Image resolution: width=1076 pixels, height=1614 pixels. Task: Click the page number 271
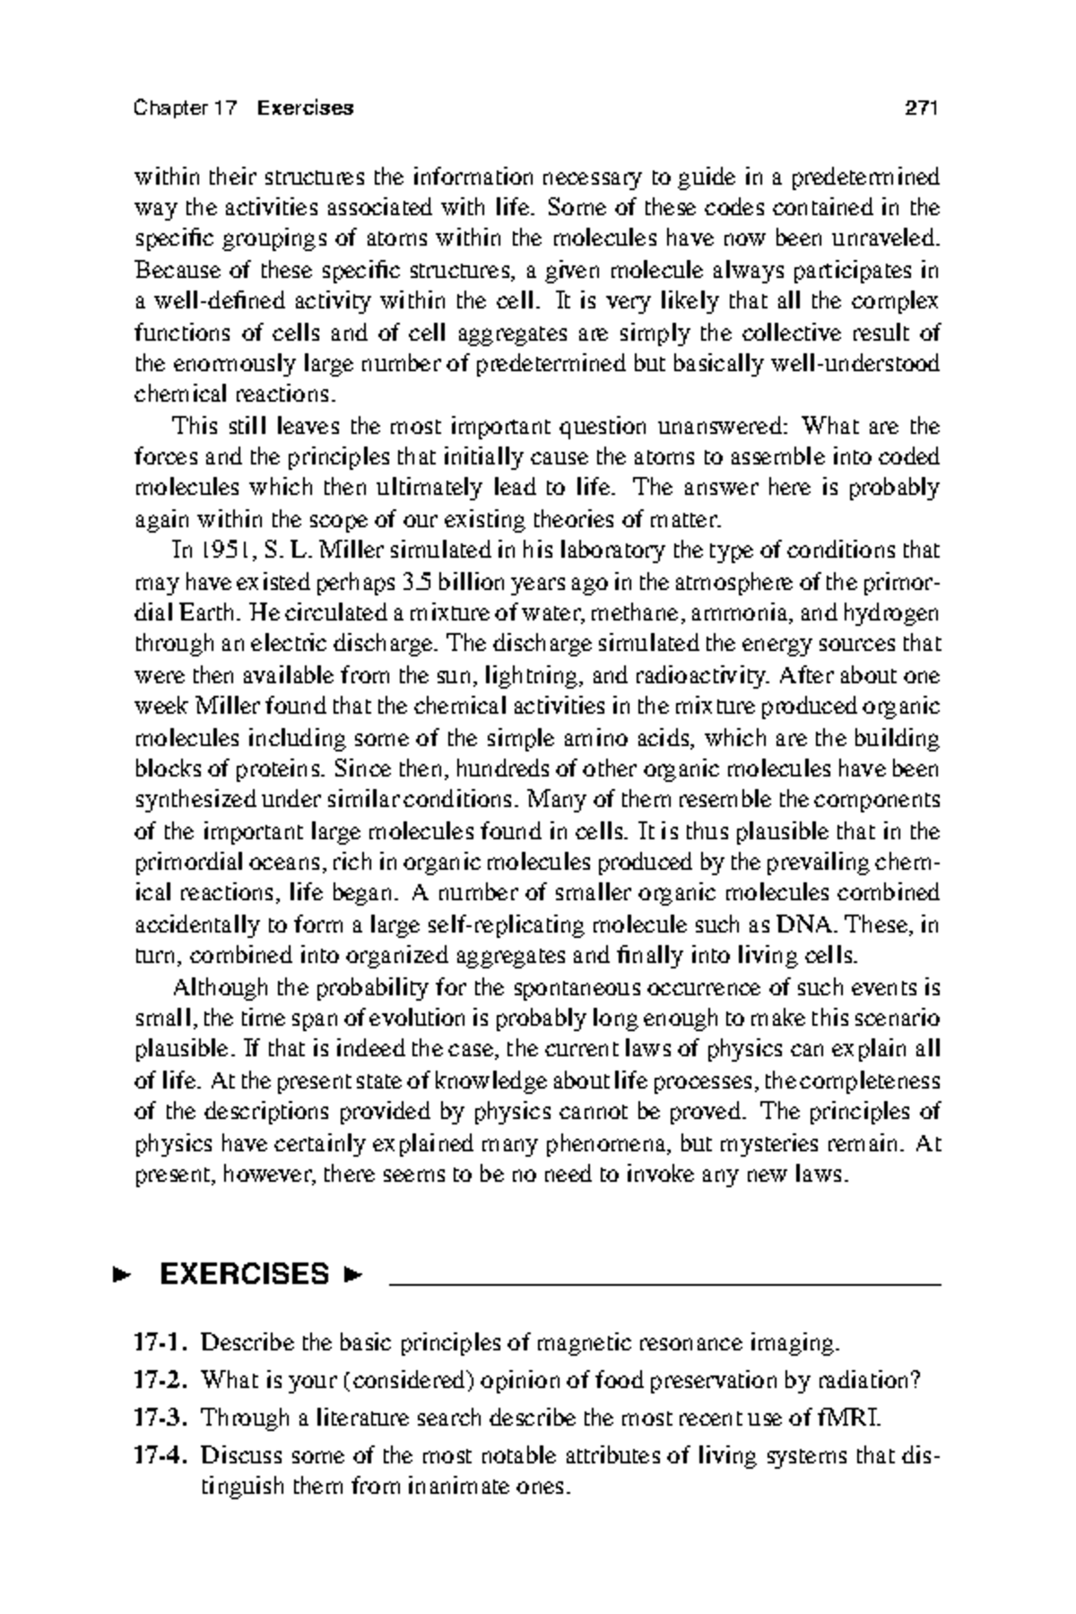click(921, 109)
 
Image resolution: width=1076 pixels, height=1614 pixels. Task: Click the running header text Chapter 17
click(187, 109)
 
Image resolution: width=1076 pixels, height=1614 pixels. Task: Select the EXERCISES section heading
click(244, 1274)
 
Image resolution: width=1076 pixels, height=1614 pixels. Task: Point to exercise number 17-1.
click(161, 1343)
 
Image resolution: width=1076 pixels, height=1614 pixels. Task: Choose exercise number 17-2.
click(161, 1380)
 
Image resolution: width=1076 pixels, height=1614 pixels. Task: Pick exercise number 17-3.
click(161, 1418)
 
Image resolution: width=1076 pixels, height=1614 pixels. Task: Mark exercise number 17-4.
click(161, 1455)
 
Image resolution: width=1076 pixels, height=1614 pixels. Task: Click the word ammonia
click(725, 612)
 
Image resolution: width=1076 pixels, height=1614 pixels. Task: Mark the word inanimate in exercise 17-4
click(460, 1487)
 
